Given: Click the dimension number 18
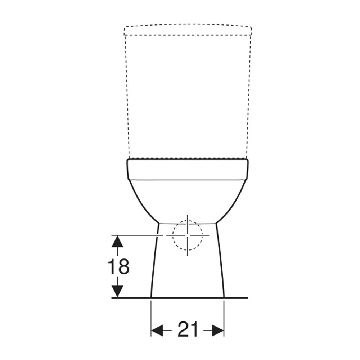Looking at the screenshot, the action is click(x=119, y=266).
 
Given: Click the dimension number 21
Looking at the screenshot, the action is click(x=188, y=329).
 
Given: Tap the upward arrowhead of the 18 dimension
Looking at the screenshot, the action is click(x=117, y=241).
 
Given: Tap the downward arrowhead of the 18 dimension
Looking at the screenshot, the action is click(x=117, y=291).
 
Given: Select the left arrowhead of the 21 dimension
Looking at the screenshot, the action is click(x=157, y=330).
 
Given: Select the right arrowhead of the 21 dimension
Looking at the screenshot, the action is click(x=218, y=330).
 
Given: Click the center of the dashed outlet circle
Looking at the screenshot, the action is click(x=188, y=235).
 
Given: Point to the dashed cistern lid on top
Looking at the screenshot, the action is click(x=188, y=30).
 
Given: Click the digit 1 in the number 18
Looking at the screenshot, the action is click(x=112, y=266).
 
